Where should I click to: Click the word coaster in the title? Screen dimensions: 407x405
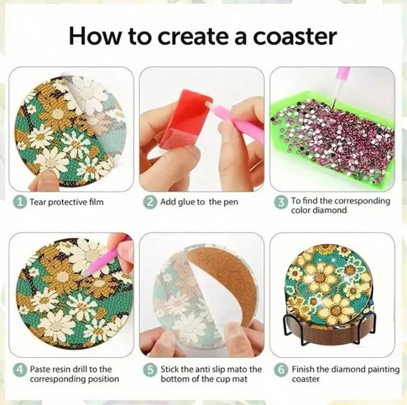[x=295, y=36]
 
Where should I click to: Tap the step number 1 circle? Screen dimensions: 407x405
[x=21, y=202]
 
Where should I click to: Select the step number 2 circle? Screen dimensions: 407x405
[x=150, y=202]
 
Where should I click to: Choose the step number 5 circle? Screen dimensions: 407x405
[x=150, y=369]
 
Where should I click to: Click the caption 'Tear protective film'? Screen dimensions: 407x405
[x=66, y=202]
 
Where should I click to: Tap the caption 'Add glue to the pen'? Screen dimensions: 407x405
[x=199, y=202]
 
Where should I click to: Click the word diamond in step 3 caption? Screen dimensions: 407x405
[x=329, y=210]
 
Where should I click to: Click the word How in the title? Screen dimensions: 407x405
[x=95, y=36]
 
